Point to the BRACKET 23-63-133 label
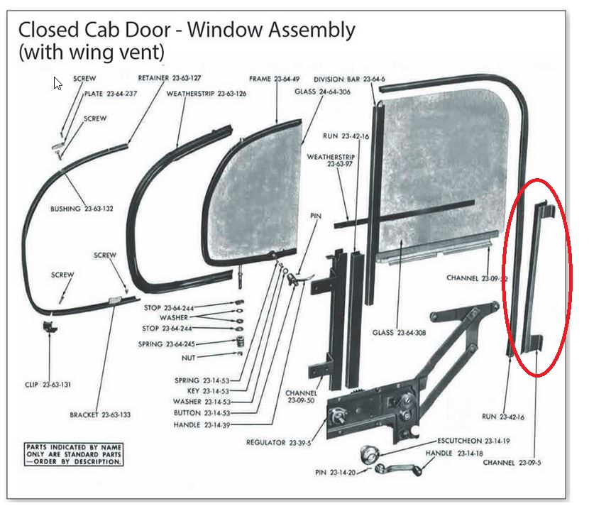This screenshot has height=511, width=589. [x=99, y=414]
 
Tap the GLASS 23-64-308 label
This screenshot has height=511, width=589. [x=402, y=332]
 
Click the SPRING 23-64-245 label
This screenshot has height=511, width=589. [x=166, y=344]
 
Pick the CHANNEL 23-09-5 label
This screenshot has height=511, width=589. [x=512, y=463]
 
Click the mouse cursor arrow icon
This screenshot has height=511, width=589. [x=57, y=83]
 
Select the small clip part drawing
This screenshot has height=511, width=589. [x=50, y=326]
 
